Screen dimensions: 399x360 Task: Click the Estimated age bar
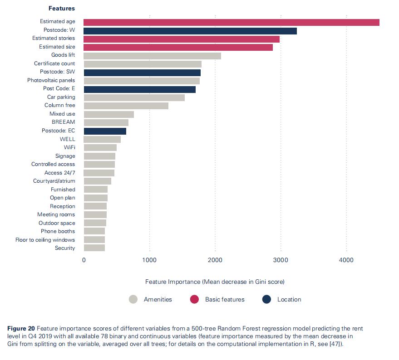pos(232,22)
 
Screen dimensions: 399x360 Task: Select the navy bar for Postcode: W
pos(190,31)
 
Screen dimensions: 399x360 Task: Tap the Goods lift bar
pos(152,56)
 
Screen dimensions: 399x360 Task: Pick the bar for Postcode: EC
pos(105,131)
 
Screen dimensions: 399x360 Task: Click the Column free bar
pos(126,106)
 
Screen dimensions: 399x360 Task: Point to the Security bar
pos(94,248)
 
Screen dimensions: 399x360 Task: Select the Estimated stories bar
pos(182,39)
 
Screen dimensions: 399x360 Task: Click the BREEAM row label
pos(64,122)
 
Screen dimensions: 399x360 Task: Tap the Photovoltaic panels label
pos(51,80)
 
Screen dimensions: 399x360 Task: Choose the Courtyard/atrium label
pos(54,181)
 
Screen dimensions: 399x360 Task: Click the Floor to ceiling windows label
pos(45,240)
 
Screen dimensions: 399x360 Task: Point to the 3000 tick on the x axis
pos(281,260)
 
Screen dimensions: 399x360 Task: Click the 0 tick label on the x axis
pos(84,260)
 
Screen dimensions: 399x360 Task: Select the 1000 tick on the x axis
pos(149,260)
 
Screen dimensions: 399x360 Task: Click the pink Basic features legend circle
pos(194,299)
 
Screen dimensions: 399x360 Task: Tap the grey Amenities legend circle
pos(133,299)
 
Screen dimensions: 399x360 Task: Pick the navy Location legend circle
pos(266,299)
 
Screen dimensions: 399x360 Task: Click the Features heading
pos(62,9)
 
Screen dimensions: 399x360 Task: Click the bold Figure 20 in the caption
pos(21,328)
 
